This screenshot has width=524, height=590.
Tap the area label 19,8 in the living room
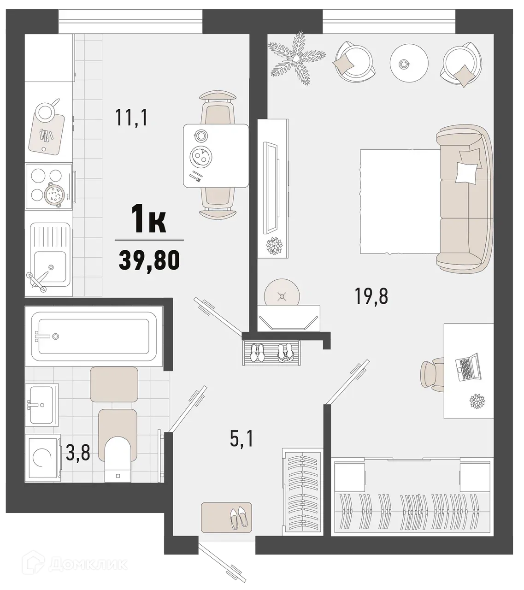coord(371,296)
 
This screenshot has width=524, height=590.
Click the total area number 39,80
coord(149,261)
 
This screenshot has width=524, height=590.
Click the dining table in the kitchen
coord(215,156)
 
